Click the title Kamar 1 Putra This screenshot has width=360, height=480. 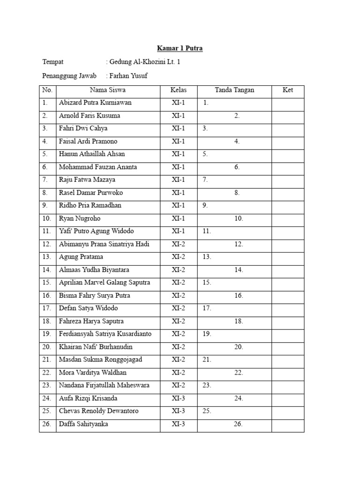[180, 48]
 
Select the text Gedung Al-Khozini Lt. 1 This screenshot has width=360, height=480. [144, 62]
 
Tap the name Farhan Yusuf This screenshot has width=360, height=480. [129, 76]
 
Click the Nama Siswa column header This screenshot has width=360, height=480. [107, 90]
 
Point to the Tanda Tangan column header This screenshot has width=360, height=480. [234, 90]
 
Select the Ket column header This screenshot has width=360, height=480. [288, 90]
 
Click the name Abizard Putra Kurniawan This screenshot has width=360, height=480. [95, 103]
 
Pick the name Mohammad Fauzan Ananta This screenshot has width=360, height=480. [95, 167]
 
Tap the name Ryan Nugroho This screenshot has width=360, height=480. [80, 218]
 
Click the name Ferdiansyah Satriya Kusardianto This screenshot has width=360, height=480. [105, 334]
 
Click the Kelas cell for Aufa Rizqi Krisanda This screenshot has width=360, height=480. [178, 398]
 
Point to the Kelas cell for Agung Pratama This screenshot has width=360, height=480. [178, 257]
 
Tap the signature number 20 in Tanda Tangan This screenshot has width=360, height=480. [239, 347]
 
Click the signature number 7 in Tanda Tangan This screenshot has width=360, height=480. [205, 180]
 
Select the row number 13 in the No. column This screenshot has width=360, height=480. [46, 257]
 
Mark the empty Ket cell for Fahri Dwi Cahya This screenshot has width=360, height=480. [288, 128]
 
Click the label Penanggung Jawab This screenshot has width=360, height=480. [69, 76]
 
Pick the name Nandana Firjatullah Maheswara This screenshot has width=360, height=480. [104, 385]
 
